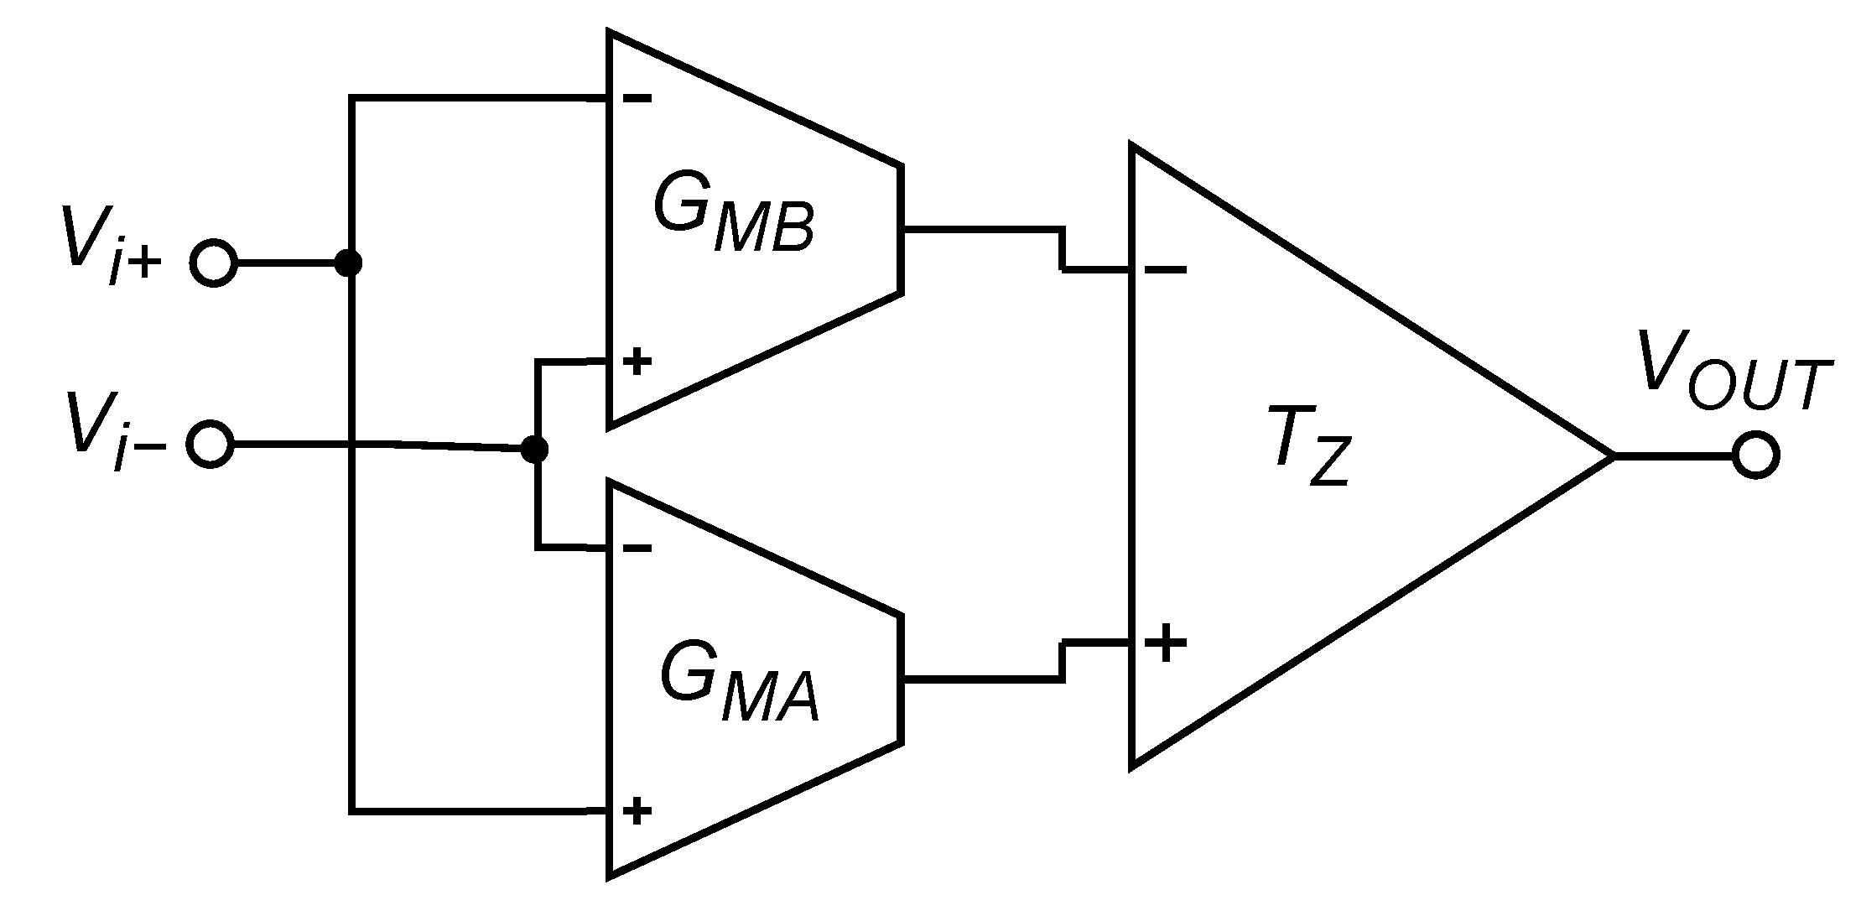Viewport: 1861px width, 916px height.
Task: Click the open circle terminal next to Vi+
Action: point(213,263)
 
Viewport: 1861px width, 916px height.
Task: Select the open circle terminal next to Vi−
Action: point(209,444)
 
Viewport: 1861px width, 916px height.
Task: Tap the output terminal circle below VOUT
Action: point(1754,456)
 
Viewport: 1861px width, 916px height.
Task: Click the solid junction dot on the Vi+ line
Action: point(348,263)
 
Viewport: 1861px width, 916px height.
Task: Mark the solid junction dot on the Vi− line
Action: point(534,450)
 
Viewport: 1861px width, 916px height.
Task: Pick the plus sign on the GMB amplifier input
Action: point(637,362)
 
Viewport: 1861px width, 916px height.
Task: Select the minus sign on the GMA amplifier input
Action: point(637,549)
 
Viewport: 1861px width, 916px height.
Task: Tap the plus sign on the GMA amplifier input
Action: point(637,810)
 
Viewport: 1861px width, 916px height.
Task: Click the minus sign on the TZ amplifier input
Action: point(1164,270)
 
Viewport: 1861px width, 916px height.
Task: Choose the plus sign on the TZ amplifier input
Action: point(1165,644)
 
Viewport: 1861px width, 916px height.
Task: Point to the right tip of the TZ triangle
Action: point(1612,456)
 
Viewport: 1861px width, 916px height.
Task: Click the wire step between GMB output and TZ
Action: point(1063,249)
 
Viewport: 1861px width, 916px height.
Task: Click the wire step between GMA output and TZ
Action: point(1063,661)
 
